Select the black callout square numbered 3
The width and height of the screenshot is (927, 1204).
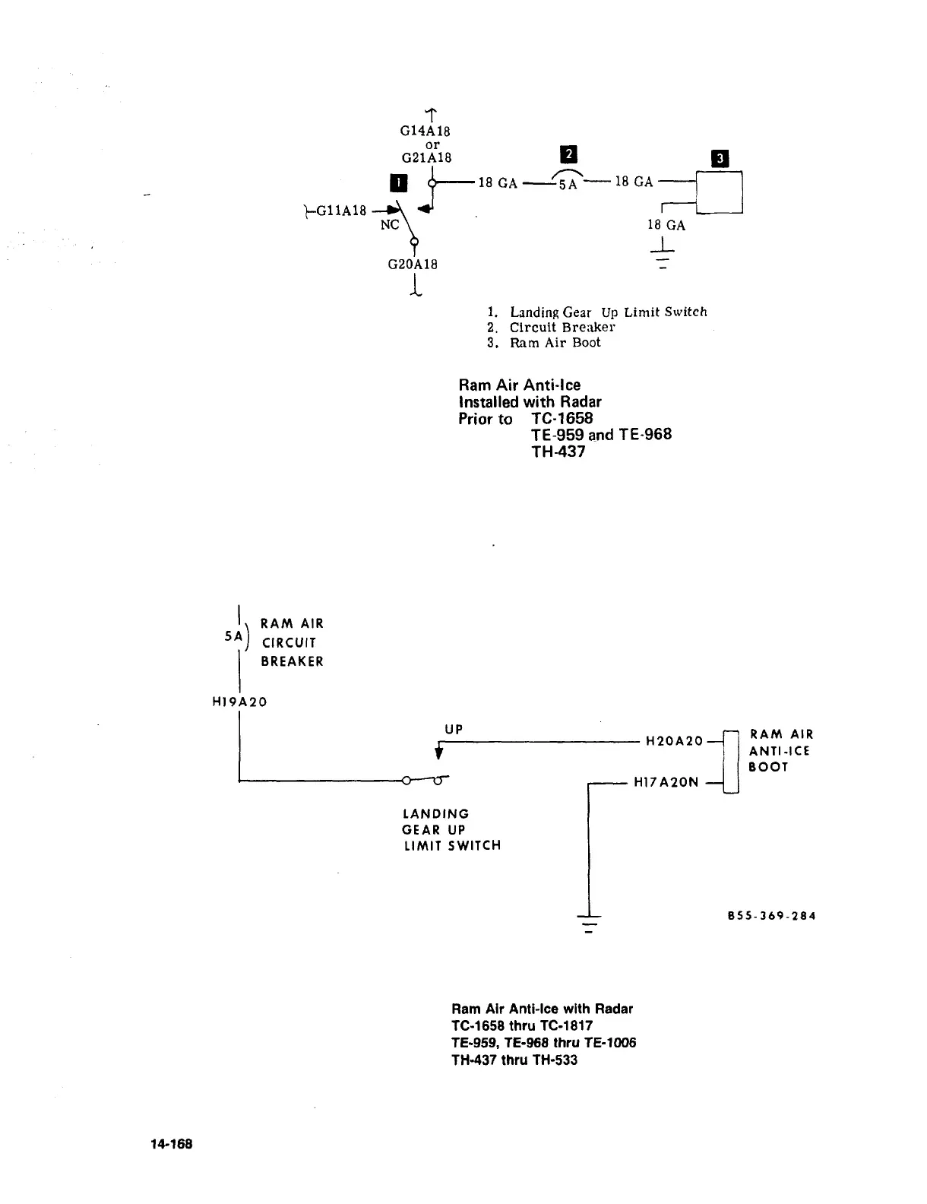coord(719,159)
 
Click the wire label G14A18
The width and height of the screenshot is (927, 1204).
coord(426,131)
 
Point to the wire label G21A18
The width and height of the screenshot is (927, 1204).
coord(426,157)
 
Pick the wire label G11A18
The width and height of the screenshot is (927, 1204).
coord(341,210)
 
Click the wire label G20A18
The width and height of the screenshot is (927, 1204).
coord(413,265)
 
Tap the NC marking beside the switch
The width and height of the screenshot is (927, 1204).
coord(390,224)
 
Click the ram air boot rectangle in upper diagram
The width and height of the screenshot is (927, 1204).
coord(719,192)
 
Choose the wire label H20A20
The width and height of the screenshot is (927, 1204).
coord(674,740)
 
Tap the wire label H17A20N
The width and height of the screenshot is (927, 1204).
coord(666,782)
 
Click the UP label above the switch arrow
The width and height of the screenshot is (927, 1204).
coord(454,730)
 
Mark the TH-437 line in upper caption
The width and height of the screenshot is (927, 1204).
coord(558,451)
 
